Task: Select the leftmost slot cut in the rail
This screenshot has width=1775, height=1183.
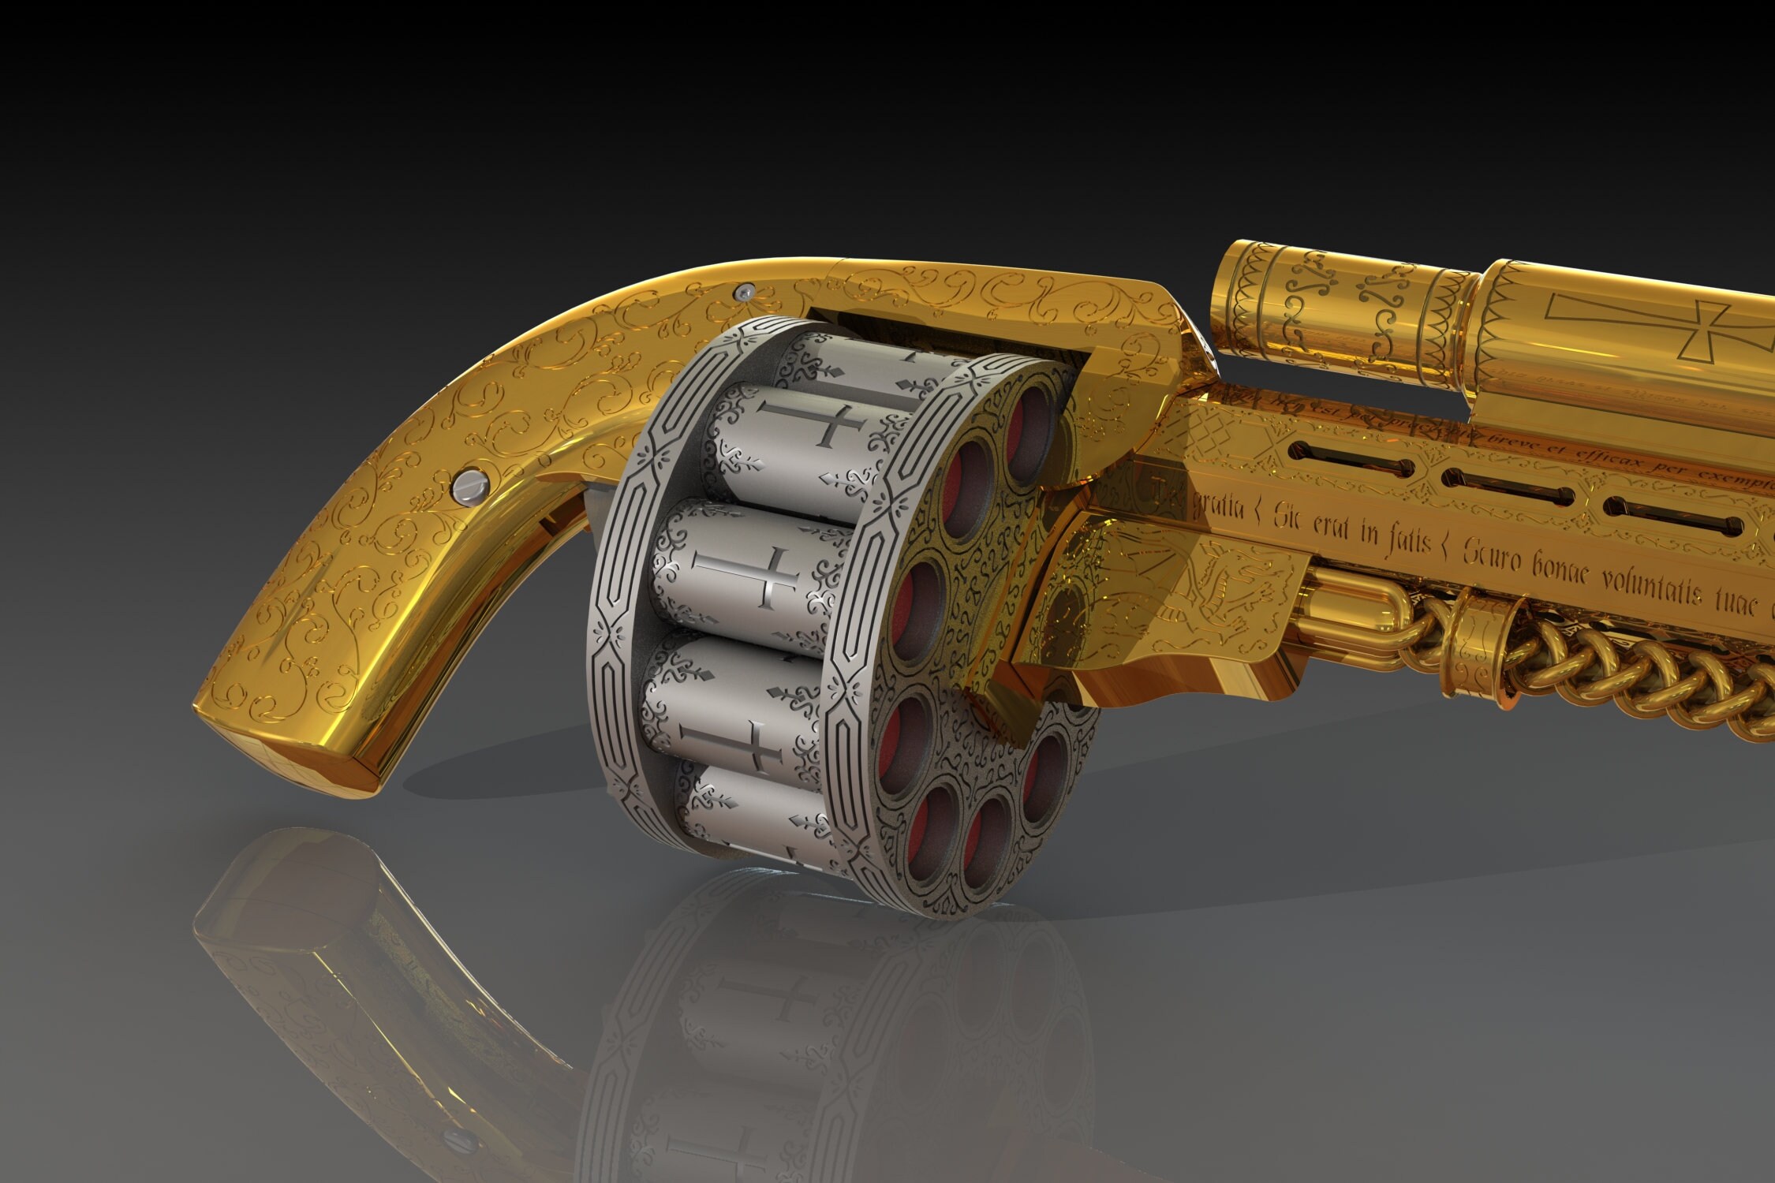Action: (x=1350, y=460)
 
